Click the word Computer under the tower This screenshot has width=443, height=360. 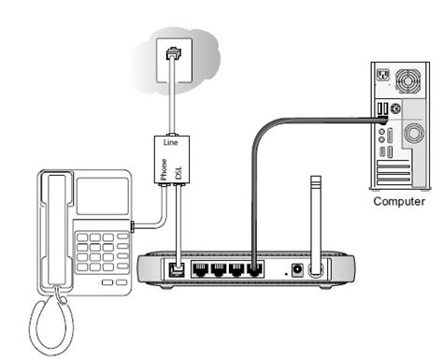click(399, 201)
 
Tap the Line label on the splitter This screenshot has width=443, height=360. click(171, 142)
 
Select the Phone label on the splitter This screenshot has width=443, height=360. click(164, 169)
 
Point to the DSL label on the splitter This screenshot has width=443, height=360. click(179, 173)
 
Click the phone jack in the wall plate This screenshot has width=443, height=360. click(174, 53)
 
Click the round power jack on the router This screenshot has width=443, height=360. click(297, 270)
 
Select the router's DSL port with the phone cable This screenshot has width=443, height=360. click(177, 269)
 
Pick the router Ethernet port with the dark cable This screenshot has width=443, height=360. click(255, 269)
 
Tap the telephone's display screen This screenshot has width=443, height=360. click(103, 196)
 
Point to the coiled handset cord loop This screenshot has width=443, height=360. click(52, 324)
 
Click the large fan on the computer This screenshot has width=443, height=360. click(407, 81)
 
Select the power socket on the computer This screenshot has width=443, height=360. click(383, 75)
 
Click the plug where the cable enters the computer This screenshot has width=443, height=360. click(382, 120)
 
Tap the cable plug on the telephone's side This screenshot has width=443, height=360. click(133, 226)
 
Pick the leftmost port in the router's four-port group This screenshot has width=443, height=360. click(201, 269)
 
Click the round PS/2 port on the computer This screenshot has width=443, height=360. click(395, 108)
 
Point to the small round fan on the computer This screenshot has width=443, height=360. click(414, 133)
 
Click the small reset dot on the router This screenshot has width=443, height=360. click(286, 274)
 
